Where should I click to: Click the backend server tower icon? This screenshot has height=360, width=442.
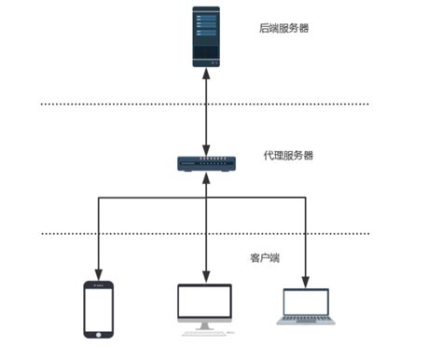click(207, 36)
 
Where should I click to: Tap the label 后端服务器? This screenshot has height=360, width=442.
click(283, 29)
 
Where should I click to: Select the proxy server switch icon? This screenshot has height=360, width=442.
click(206, 164)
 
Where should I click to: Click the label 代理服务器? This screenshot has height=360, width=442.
click(288, 155)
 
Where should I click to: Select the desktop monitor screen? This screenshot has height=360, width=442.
click(205, 303)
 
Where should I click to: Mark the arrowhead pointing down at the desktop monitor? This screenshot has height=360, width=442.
click(206, 277)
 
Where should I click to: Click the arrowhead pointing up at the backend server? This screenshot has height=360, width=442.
click(206, 75)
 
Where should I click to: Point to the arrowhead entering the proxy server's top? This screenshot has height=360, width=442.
click(206, 150)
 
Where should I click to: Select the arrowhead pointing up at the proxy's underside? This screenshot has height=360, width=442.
click(206, 178)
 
